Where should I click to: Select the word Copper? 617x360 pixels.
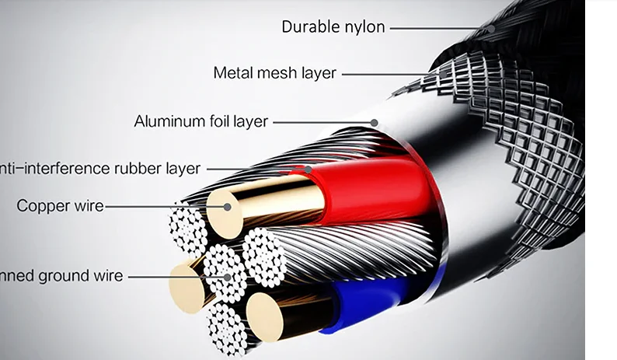[x=44, y=206]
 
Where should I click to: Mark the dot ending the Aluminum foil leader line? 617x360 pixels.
[x=375, y=122]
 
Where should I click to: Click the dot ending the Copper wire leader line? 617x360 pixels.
[x=228, y=207]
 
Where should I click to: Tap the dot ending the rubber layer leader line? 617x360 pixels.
[x=308, y=169]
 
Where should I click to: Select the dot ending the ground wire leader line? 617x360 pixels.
[x=228, y=276]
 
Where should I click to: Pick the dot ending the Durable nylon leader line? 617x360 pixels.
[x=491, y=29]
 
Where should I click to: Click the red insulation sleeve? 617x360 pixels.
[x=373, y=190]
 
